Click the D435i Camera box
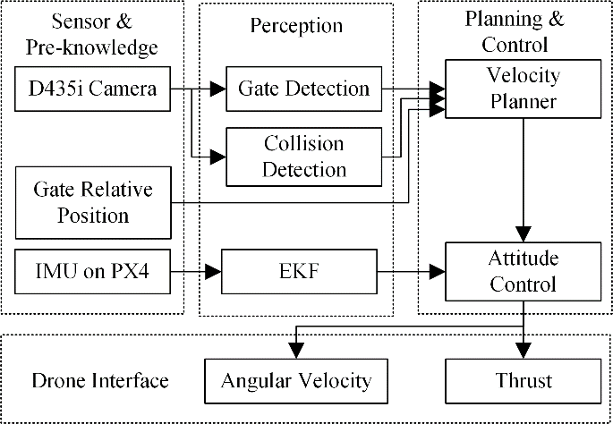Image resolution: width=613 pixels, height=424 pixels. pyautogui.click(x=93, y=89)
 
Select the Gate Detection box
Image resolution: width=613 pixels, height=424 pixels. pyautogui.click(x=303, y=89)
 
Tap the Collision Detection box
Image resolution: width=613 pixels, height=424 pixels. pyautogui.click(x=303, y=157)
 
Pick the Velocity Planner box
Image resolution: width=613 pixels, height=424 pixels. pyautogui.click(x=524, y=89)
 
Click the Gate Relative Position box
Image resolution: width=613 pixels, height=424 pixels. pyautogui.click(x=93, y=202)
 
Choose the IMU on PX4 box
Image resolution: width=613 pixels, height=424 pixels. pyautogui.click(x=93, y=272)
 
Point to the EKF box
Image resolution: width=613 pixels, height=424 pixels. pyautogui.click(x=299, y=272)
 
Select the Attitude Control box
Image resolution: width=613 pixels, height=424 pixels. pyautogui.click(x=524, y=272)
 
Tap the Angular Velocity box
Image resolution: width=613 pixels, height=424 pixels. pyautogui.click(x=296, y=381)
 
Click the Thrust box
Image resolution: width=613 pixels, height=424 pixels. pyautogui.click(x=524, y=381)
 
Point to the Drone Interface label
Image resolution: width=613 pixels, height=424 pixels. pyautogui.click(x=100, y=381)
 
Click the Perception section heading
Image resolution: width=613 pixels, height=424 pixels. pyautogui.click(x=296, y=26)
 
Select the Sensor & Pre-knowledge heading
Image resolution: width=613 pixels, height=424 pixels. pyautogui.click(x=92, y=35)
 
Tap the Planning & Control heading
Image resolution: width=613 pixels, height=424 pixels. pyautogui.click(x=515, y=31)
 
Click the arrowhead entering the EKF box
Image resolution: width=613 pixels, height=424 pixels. pyautogui.click(x=214, y=272)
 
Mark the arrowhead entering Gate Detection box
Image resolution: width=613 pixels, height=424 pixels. pyautogui.click(x=218, y=89)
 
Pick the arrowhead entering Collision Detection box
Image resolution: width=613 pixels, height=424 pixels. pyautogui.click(x=218, y=157)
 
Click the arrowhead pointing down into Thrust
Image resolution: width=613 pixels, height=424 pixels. pyautogui.click(x=524, y=350)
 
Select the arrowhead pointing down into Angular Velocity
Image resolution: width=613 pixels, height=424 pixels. pyautogui.click(x=296, y=350)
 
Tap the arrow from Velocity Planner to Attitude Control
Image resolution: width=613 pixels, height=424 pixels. pyautogui.click(x=524, y=180)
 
